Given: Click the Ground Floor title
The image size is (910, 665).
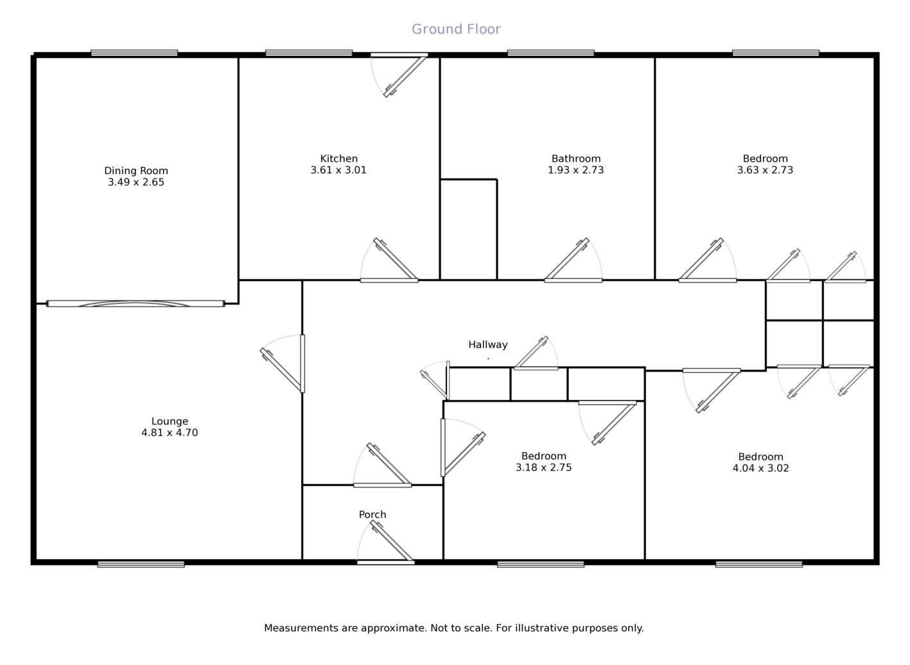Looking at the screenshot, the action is pos(456,29).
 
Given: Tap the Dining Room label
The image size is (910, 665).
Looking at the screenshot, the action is pos(136,171).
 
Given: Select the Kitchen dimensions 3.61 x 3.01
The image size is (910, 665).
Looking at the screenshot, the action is pos(338,170).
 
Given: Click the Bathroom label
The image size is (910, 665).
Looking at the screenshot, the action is pos(576,159).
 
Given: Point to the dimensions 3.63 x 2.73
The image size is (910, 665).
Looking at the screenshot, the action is pos(765,170).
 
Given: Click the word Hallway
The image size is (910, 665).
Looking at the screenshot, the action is pos(487,345).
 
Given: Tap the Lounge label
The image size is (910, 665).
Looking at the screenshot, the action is pos(170,421).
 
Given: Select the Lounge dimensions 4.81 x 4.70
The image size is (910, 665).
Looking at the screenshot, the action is pos(170,433).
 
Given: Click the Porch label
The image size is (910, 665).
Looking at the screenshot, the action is pos(372,514).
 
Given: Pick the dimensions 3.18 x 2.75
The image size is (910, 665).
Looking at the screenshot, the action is pos(543,467).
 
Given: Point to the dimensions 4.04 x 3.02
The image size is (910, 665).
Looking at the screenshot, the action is pos(760,468).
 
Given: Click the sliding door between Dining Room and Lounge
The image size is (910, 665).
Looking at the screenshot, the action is pos(136,304).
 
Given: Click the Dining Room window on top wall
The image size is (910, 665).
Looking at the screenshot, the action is pos(134,53).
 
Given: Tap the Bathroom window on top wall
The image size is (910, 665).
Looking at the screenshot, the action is pos(550,53).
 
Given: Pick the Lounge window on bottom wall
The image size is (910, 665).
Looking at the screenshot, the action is pos(141,564).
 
